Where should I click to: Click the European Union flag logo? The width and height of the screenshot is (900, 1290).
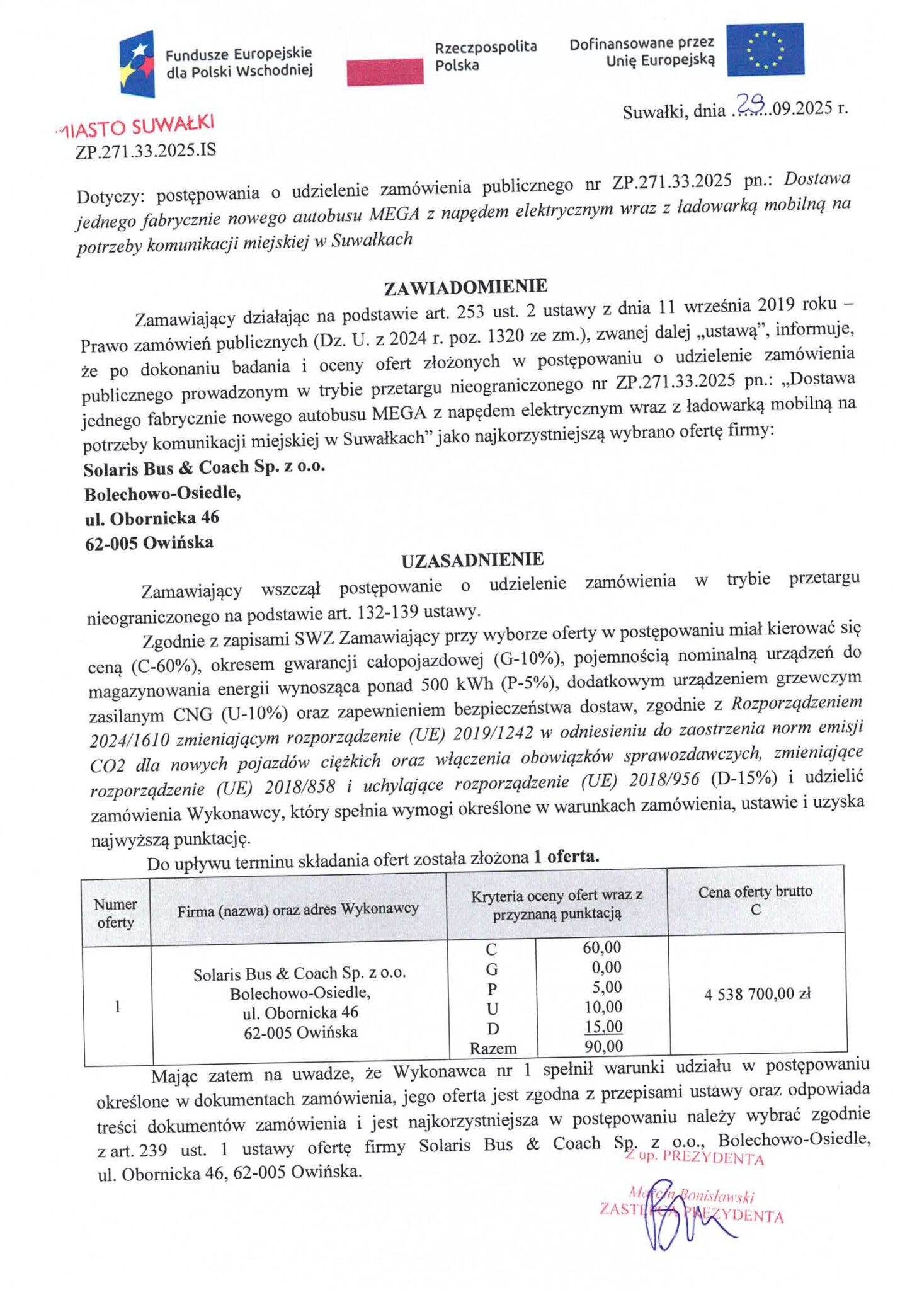(765, 49)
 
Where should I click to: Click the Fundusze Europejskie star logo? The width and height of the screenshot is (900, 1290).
(137, 64)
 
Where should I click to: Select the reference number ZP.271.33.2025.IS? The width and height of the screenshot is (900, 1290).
(145, 151)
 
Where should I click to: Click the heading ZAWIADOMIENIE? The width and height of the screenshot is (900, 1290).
(465, 287)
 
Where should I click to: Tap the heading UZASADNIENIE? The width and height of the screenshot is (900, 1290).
(472, 559)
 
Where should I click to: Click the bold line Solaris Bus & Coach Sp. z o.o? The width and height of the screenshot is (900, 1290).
(205, 467)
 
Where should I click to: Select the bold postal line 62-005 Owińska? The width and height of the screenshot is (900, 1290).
(149, 542)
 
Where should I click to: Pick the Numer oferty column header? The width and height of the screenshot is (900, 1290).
(115, 913)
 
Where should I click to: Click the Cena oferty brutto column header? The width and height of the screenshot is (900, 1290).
(755, 900)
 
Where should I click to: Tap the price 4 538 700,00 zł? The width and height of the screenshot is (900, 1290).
(757, 995)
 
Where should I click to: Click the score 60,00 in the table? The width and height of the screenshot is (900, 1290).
(602, 947)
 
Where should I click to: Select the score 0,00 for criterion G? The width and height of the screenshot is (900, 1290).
(607, 967)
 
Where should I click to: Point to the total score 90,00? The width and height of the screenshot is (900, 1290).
(603, 1047)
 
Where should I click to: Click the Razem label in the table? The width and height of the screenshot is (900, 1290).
(493, 1049)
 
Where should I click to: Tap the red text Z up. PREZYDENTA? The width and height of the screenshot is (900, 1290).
(695, 1158)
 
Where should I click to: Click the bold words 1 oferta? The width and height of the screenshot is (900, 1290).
(566, 857)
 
